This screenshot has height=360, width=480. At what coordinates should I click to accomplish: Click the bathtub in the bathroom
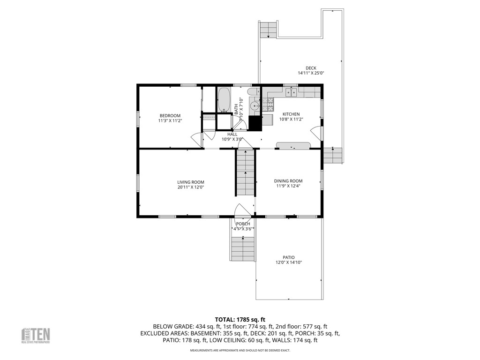click(x=224, y=99)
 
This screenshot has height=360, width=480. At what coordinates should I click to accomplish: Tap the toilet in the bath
click(x=254, y=92)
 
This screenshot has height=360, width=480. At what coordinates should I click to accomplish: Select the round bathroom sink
click(x=255, y=106)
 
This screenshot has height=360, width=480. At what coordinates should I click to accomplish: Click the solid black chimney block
click(x=255, y=123)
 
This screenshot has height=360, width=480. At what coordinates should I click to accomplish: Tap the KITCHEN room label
click(x=291, y=114)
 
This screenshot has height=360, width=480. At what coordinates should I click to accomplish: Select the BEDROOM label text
click(x=170, y=116)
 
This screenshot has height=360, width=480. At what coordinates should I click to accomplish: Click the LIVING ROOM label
click(x=190, y=182)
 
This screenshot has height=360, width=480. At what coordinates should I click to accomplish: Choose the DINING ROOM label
click(x=288, y=181)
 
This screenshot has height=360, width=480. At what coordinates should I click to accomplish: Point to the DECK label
click(x=311, y=68)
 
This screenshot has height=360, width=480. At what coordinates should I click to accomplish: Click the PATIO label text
click(x=288, y=257)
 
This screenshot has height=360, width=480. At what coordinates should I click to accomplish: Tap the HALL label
click(x=232, y=134)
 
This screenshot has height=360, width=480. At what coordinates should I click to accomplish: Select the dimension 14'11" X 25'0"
click(x=311, y=73)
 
